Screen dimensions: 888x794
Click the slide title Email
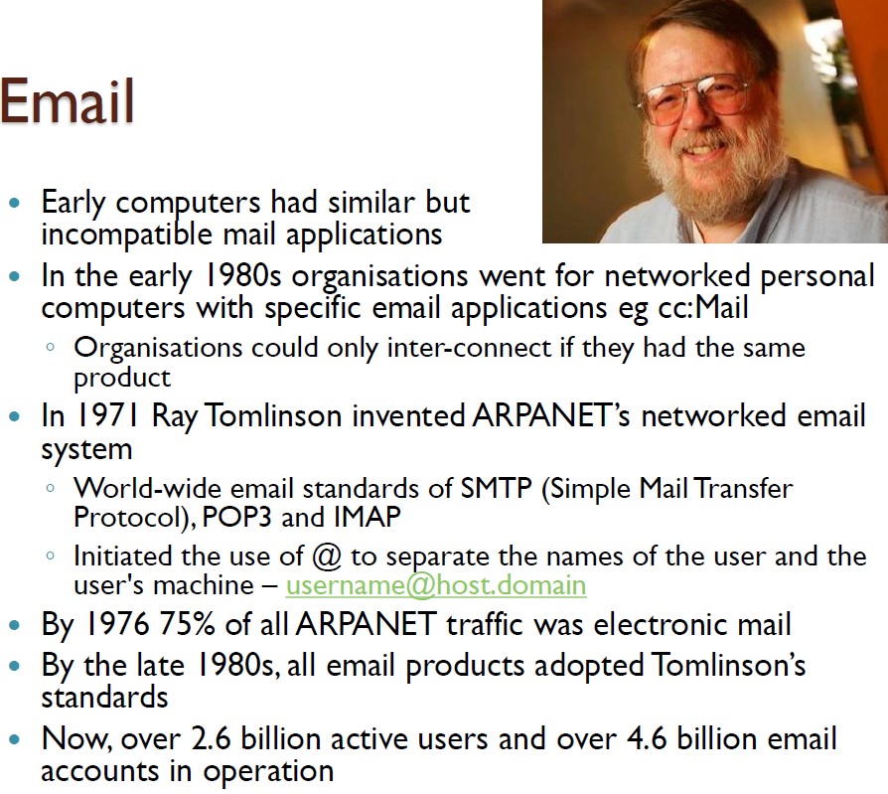click(x=67, y=101)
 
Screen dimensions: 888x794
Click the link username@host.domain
click(x=435, y=585)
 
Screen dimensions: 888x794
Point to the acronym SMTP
click(x=496, y=488)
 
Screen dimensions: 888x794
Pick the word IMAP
click(x=367, y=517)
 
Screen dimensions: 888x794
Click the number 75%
click(x=187, y=624)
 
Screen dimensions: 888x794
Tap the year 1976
click(x=117, y=624)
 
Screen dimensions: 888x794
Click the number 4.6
click(x=647, y=738)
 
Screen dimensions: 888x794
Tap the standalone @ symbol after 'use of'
click(x=327, y=556)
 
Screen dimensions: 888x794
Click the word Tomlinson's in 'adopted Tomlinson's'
click(x=728, y=664)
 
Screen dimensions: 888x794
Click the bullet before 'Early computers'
click(x=15, y=203)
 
